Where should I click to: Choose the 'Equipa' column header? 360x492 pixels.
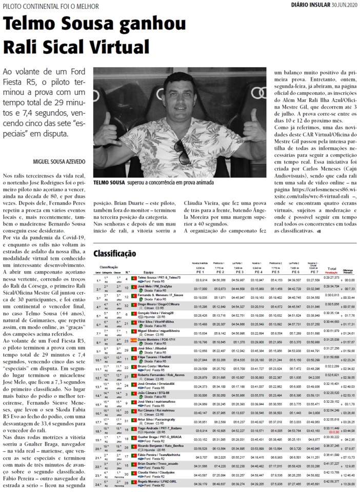click(x=149, y=272)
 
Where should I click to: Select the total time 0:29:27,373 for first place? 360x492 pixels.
click(x=332, y=277)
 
